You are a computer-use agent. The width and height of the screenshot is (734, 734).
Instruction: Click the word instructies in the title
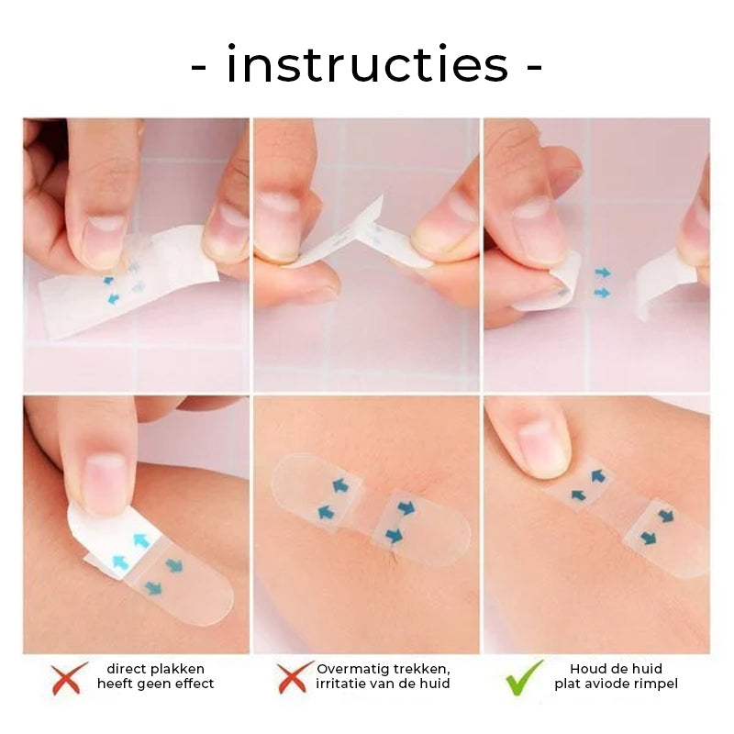(367, 66)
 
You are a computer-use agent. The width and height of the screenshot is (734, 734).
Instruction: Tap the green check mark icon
(524, 677)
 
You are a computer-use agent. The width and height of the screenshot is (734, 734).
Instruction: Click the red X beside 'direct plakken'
(69, 677)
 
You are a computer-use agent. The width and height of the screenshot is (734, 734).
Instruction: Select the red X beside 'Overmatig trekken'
(291, 677)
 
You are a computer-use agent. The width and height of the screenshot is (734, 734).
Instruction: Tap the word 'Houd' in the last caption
(588, 669)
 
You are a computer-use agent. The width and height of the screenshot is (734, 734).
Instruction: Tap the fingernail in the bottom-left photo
(103, 483)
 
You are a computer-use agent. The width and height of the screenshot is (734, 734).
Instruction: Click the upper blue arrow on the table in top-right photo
(602, 272)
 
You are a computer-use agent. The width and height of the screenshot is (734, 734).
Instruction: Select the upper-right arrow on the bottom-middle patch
(406, 506)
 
